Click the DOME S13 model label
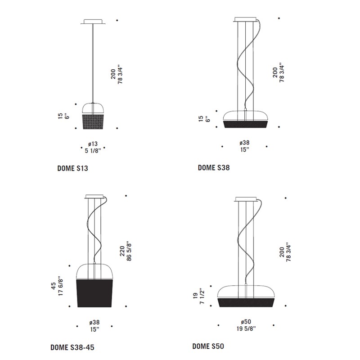[72, 168]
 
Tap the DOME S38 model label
[214, 167]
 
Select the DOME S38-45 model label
[72, 347]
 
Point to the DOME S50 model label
[208, 346]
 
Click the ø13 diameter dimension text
[93, 144]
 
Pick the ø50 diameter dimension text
[246, 322]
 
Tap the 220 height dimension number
[122, 251]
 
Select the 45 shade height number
[53, 286]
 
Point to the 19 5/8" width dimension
[246, 329]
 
